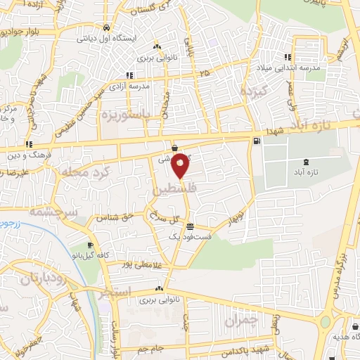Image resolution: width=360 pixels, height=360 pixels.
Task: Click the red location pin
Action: [181, 165]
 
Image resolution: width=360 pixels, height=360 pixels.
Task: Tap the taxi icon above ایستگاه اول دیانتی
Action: [105, 27]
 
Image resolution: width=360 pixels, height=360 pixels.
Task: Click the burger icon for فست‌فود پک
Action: [191, 226]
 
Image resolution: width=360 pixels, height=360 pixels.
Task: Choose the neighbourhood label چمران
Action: [241, 321]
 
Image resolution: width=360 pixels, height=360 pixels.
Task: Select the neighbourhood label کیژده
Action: [253, 91]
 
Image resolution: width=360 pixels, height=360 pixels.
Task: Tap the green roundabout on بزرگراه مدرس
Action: [325, 322]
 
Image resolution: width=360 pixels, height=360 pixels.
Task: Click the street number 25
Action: [204, 72]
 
